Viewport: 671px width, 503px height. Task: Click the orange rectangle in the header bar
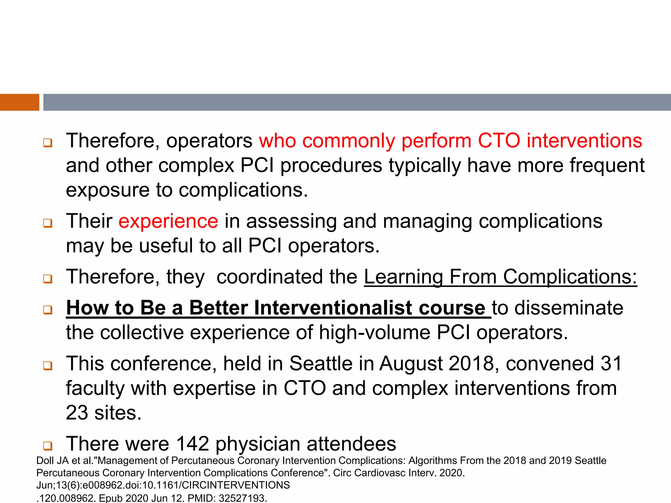(19, 102)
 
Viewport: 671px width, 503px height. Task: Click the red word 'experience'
(168, 221)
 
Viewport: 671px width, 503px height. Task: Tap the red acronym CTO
(499, 140)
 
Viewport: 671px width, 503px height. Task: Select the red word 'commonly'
(348, 141)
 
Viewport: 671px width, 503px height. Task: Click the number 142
(192, 444)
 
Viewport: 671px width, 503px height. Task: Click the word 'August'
(411, 364)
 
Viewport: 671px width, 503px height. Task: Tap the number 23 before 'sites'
(77, 413)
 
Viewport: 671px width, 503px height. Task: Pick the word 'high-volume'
(374, 333)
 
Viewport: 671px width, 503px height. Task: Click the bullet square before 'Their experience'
(48, 224)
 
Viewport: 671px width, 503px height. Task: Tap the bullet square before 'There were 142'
(48, 446)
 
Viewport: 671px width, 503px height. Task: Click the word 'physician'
(258, 444)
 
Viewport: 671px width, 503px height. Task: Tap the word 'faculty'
(95, 389)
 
